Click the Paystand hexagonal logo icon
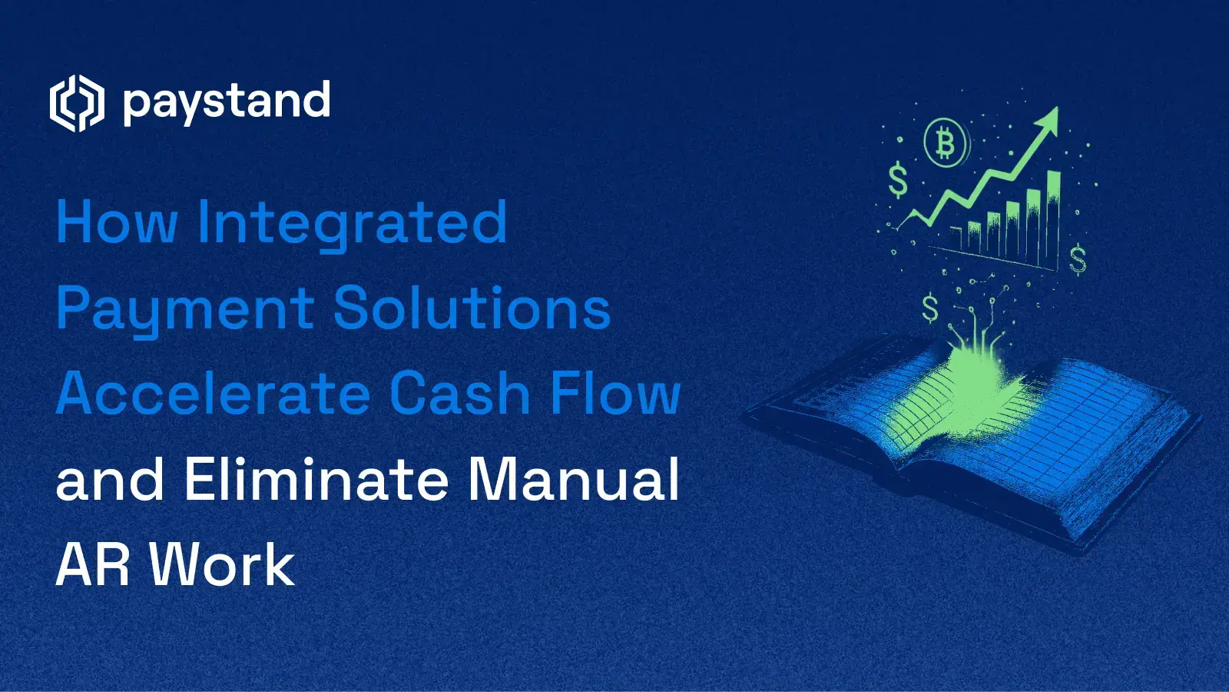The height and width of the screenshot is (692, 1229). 76,103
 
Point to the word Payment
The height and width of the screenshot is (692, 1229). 185,310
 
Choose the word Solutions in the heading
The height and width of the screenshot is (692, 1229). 472,308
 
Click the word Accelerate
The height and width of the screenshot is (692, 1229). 214,394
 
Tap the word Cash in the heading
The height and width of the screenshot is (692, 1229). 460,394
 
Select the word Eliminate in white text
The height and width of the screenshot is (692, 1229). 316,479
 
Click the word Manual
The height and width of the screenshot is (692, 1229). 574,479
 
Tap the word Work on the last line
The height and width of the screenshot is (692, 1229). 222,565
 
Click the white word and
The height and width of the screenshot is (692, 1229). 110,479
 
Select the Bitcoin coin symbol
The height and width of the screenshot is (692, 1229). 946,143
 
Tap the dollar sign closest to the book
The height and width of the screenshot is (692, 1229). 930,308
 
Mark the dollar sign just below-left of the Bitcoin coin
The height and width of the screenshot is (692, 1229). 897,181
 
